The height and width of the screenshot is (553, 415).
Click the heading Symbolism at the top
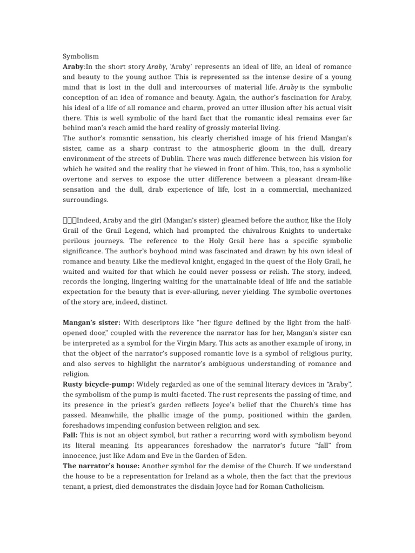tap(81, 56)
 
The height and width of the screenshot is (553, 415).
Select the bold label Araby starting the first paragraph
tap(73, 66)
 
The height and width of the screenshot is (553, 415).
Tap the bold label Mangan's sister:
tap(91, 322)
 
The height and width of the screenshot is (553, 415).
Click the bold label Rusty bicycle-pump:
tap(98, 384)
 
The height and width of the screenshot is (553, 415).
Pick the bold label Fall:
tap(70, 435)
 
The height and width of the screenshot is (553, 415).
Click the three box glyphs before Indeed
tap(70, 220)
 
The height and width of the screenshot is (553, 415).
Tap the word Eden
tap(237, 455)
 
